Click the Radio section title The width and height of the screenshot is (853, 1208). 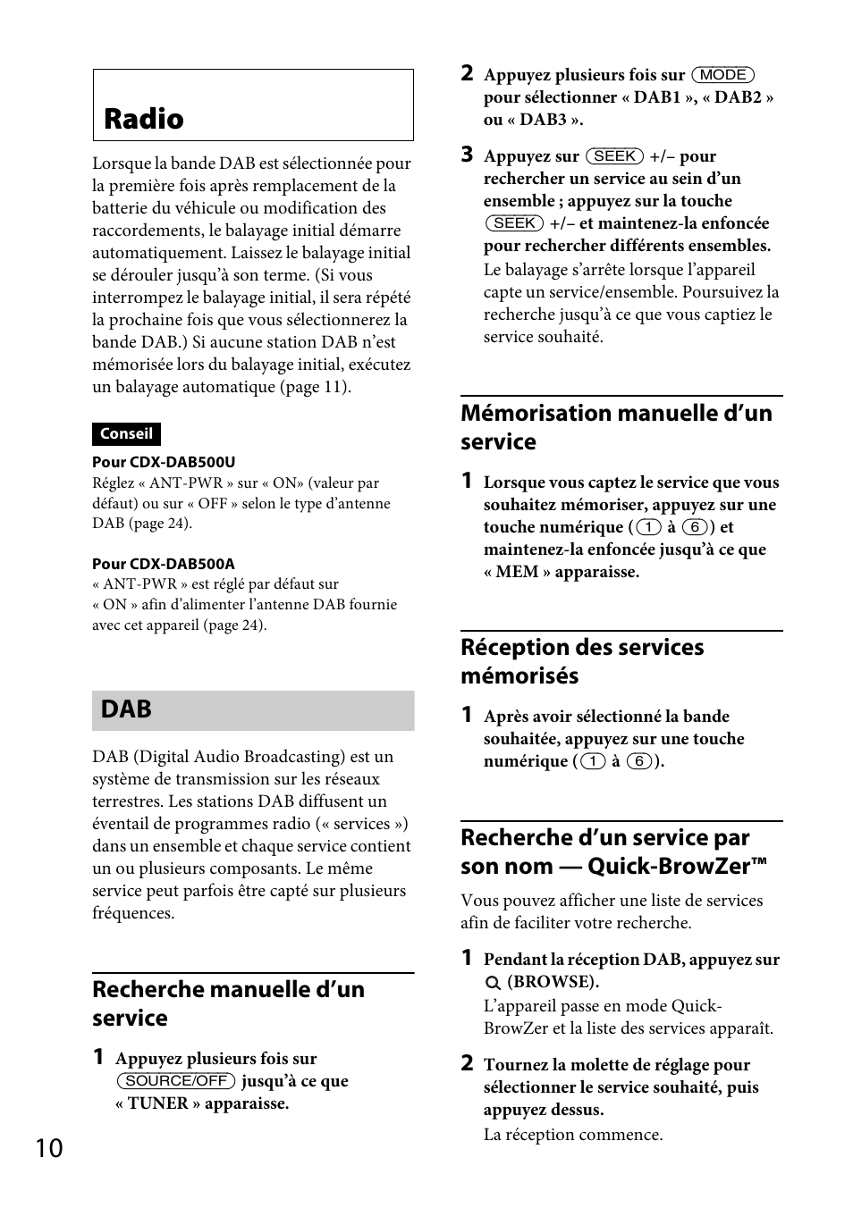[x=144, y=119]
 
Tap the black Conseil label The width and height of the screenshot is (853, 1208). [x=126, y=434]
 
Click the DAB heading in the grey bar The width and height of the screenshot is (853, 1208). [x=126, y=709]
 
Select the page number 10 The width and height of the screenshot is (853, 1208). [x=50, y=1148]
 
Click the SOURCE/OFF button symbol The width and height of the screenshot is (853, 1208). [x=176, y=1081]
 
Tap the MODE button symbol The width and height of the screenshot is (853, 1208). [x=723, y=75]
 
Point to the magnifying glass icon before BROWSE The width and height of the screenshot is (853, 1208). [x=493, y=982]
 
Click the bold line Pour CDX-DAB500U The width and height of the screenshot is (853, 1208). [x=164, y=462]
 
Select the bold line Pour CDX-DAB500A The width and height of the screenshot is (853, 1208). [x=164, y=564]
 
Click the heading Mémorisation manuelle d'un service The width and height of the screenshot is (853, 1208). [x=616, y=427]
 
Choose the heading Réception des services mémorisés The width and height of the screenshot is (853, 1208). [x=582, y=661]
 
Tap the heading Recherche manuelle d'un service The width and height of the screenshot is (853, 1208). [x=228, y=1003]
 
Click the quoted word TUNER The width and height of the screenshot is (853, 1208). [x=157, y=1103]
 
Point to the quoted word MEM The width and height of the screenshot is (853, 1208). [x=517, y=572]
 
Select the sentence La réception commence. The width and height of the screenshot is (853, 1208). [x=573, y=1135]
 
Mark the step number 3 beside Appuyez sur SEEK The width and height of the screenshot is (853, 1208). [x=467, y=155]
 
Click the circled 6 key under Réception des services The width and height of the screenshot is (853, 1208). [x=638, y=761]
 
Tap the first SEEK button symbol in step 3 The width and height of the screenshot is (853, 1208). [x=614, y=156]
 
